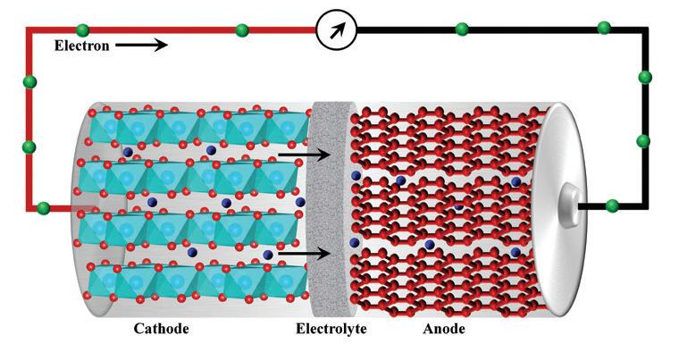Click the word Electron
tap(83, 46)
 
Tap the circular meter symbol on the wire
tap(337, 30)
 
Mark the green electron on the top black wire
tap(462, 29)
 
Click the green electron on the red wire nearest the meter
tap(242, 30)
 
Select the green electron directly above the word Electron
tap(83, 30)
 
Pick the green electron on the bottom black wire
tap(612, 206)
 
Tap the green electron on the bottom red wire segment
tap(44, 208)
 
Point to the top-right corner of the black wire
tap(644, 30)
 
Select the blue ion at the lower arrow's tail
tap(268, 255)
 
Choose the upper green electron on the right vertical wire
tap(644, 78)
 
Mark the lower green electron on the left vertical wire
tap(29, 147)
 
